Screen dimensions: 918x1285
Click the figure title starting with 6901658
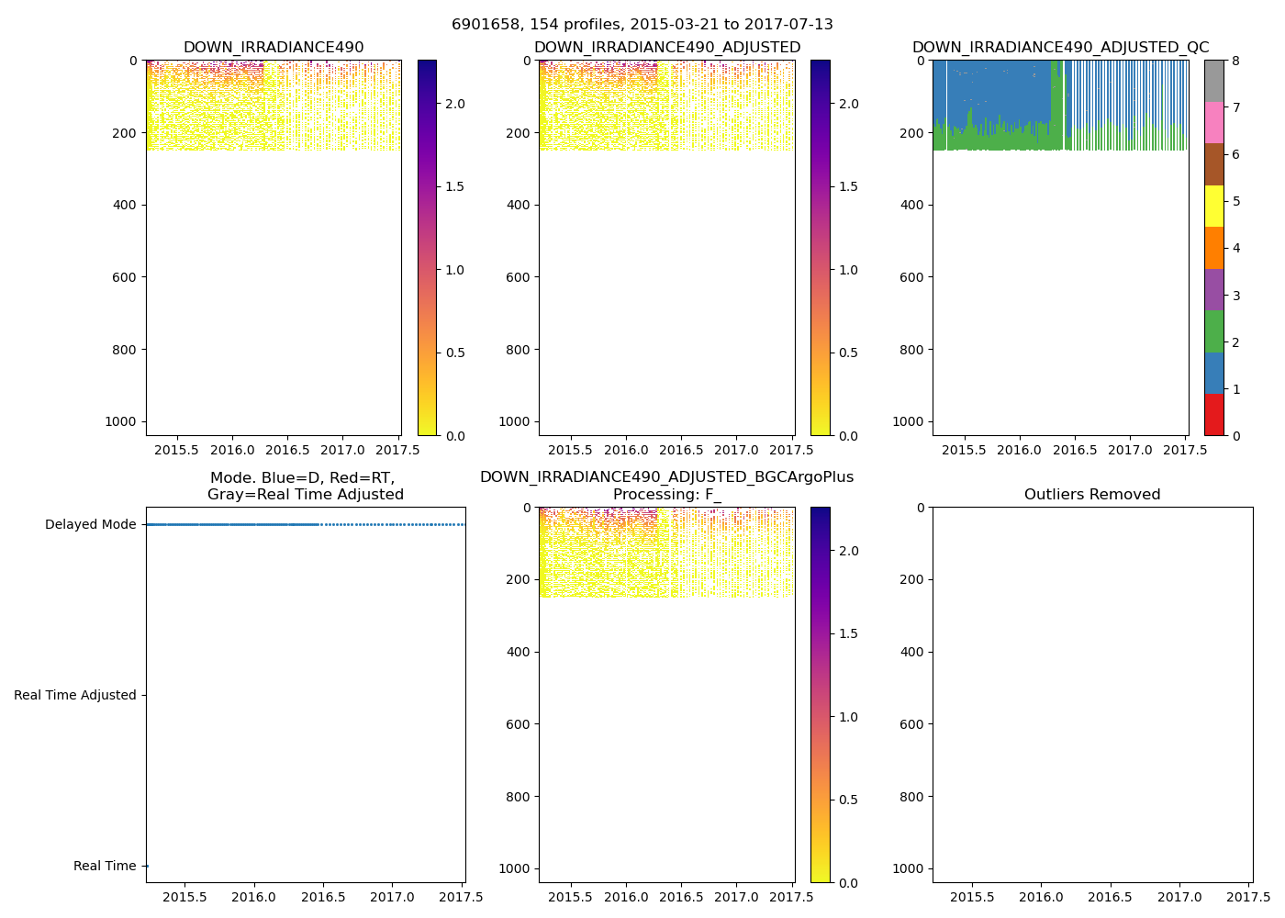[642, 25]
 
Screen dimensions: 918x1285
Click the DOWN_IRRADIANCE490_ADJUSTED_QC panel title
[1060, 48]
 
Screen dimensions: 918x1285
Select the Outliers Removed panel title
[1092, 495]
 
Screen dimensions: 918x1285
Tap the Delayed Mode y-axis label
[90, 525]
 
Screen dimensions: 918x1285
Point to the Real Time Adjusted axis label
[74, 696]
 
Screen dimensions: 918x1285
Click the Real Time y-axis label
[105, 867]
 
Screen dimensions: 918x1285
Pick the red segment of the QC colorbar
[1214, 415]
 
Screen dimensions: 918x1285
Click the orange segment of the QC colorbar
[1214, 248]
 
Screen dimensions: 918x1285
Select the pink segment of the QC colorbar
[1214, 122]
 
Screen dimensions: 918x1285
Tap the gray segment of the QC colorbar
[1214, 81]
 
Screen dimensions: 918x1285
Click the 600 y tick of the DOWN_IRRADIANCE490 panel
[125, 277]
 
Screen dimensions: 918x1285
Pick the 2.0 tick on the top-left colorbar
[454, 104]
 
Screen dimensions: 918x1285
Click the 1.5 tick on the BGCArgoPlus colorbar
[847, 634]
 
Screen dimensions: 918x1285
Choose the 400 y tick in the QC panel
[911, 205]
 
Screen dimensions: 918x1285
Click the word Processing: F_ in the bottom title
[666, 495]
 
